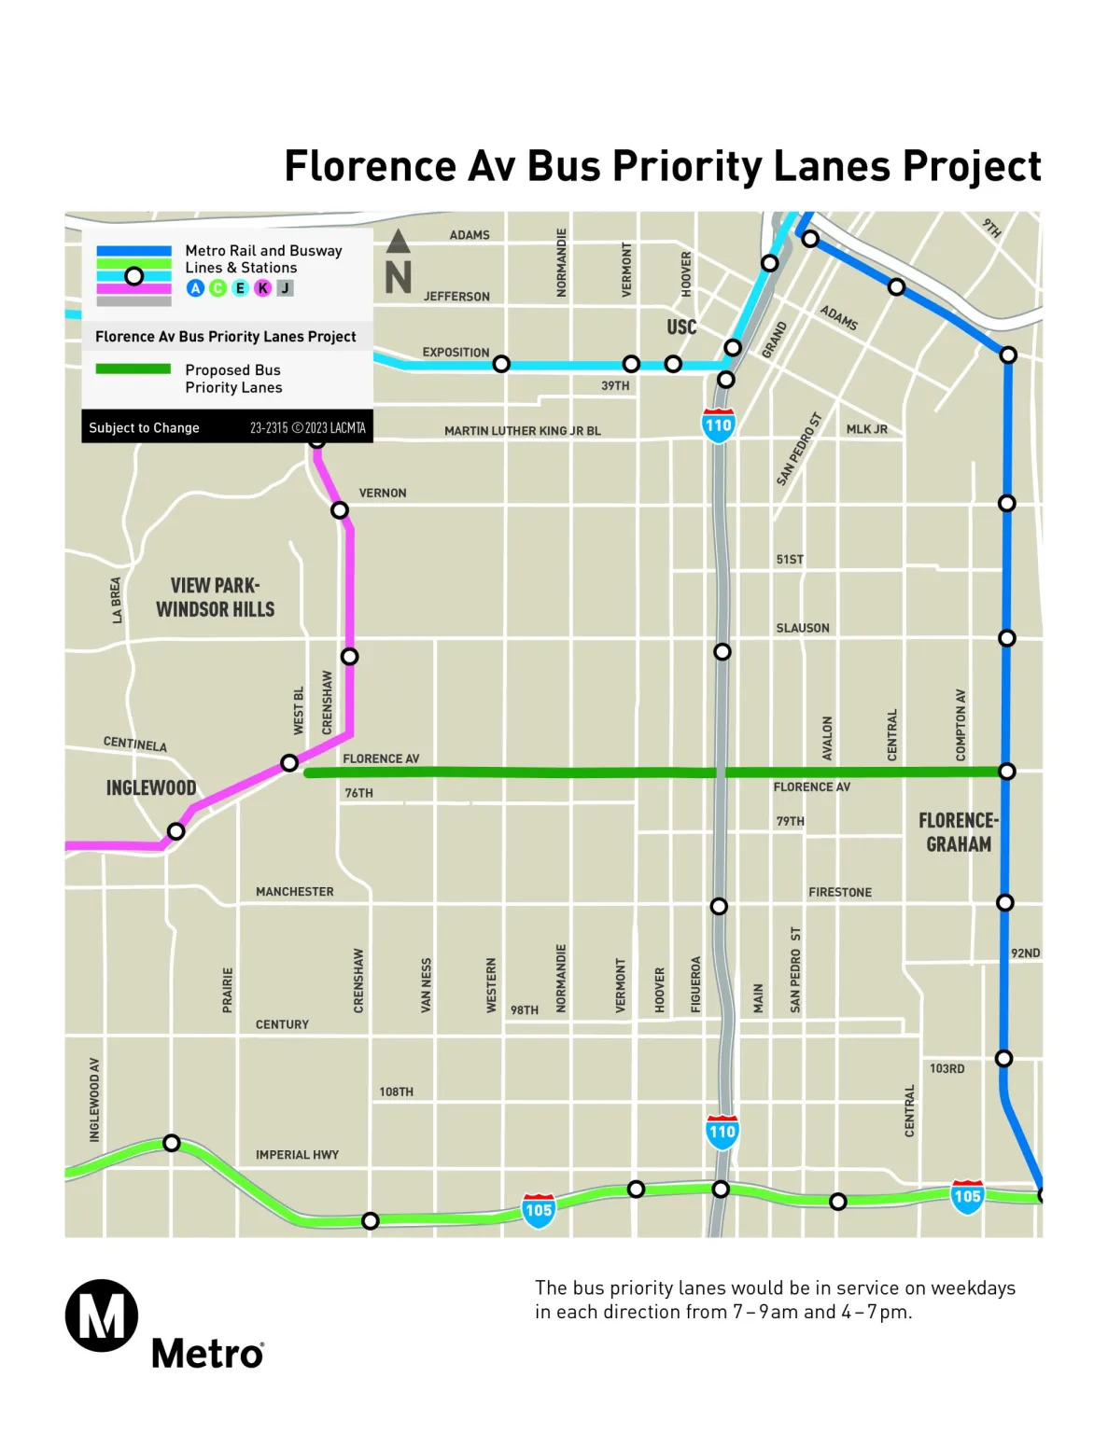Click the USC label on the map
[681, 327]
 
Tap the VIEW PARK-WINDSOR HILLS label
[215, 597]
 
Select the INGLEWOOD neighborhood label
[151, 788]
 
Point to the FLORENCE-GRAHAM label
[959, 832]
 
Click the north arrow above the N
[399, 242]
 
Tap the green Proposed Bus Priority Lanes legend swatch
[133, 369]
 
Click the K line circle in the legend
[263, 288]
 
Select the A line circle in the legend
[195, 288]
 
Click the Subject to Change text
[144, 428]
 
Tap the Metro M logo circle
[101, 1315]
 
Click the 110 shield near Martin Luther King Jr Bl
[718, 424]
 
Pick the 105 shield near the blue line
[967, 1196]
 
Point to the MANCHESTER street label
[295, 892]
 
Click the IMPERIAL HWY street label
[297, 1155]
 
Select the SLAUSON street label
[803, 628]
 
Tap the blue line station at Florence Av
[1007, 772]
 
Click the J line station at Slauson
[722, 651]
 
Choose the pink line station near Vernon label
[340, 510]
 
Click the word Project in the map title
[972, 166]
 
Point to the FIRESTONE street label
[840, 893]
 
